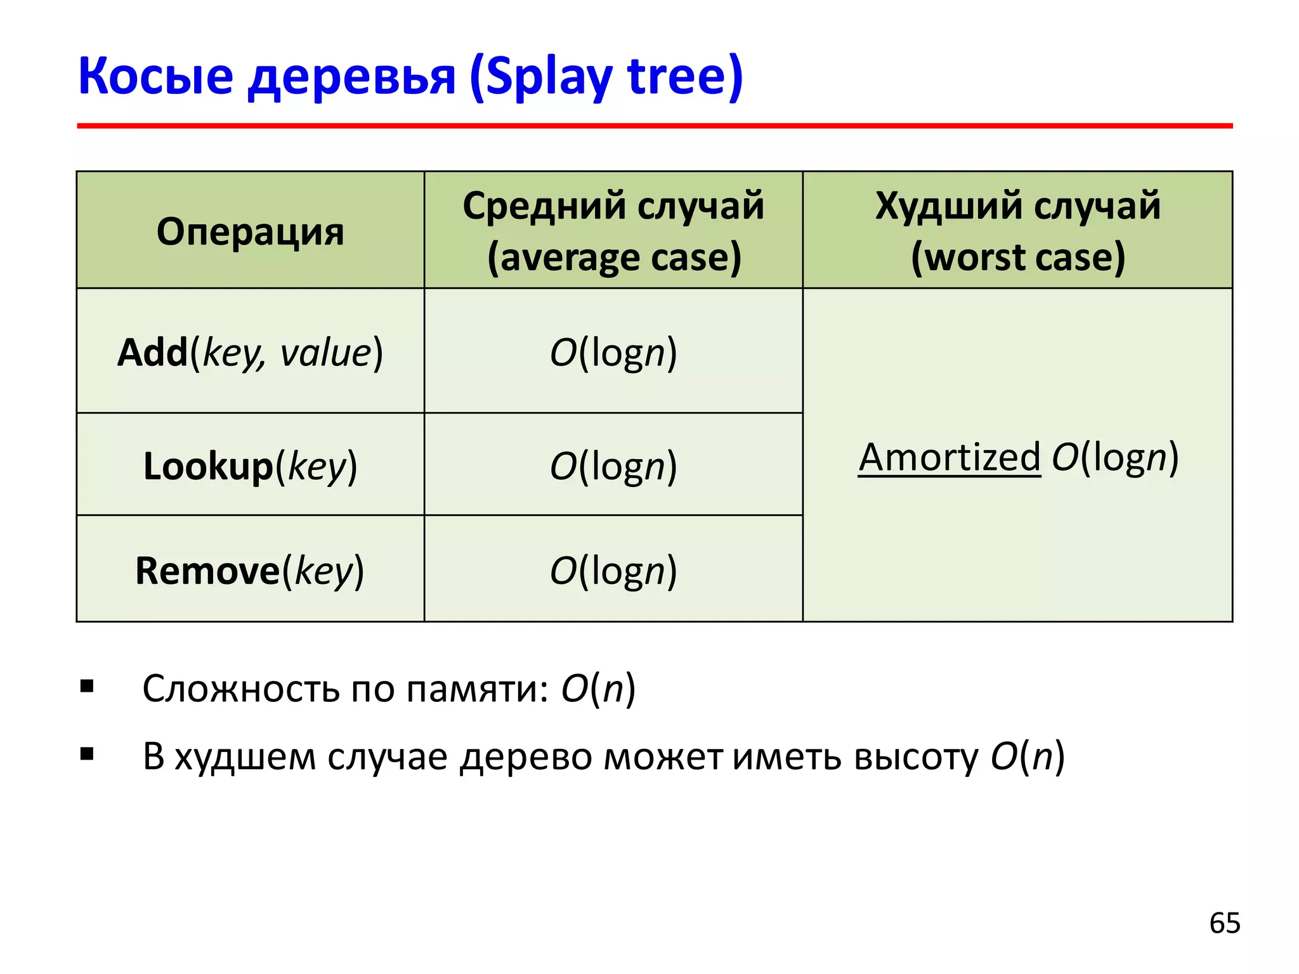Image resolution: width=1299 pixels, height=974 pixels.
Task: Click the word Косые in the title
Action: [155, 76]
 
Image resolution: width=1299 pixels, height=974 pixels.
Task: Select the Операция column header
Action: [250, 231]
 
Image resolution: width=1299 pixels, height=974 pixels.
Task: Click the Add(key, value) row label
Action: [250, 353]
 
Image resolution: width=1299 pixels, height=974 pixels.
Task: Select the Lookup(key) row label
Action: [250, 466]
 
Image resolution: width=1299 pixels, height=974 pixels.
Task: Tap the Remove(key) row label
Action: [250, 571]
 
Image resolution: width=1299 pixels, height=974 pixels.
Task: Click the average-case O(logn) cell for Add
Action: [613, 353]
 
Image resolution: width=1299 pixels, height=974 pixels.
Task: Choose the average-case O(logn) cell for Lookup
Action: [613, 466]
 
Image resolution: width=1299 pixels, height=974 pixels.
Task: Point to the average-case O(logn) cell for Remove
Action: [613, 571]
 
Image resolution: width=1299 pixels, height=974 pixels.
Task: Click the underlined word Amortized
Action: [950, 457]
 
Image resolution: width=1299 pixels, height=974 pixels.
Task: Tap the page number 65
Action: [1224, 923]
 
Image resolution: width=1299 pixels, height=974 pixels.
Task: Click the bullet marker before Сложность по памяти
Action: [87, 686]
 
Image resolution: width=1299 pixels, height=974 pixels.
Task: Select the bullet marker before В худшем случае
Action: [87, 754]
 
